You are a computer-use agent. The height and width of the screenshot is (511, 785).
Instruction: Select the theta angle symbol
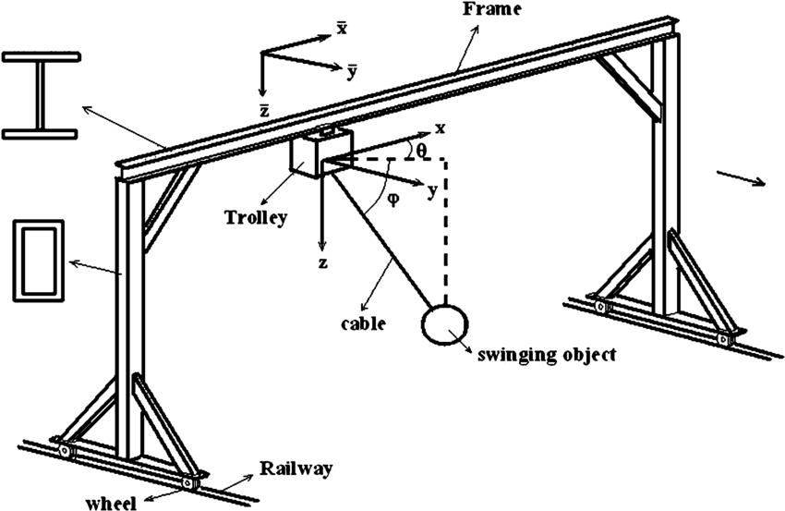pyautogui.click(x=421, y=147)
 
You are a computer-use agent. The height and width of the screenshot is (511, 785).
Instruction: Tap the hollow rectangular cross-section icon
pyautogui.click(x=38, y=260)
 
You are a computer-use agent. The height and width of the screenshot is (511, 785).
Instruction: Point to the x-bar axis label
pyautogui.click(x=342, y=29)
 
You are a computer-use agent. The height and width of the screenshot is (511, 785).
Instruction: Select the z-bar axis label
pyautogui.click(x=264, y=110)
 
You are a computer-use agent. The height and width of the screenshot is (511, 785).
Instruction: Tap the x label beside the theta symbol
pyautogui.click(x=440, y=129)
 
